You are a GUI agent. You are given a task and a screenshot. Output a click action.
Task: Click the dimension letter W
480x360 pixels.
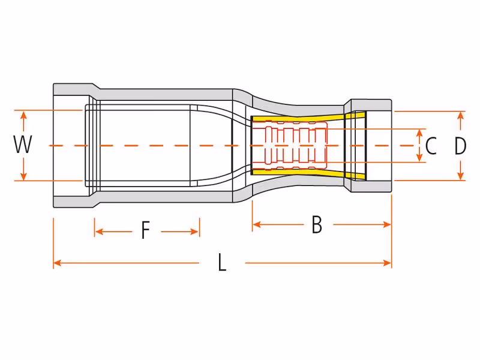(23, 145)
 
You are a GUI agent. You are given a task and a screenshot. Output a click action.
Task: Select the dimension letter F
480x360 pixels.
(146, 230)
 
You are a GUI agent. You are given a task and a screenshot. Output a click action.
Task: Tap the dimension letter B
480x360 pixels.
(317, 224)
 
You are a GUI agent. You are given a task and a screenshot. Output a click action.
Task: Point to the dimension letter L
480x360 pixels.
(222, 262)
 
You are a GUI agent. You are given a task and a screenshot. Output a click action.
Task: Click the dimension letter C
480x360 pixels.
(431, 146)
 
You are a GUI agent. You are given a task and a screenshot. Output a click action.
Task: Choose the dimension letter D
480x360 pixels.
(460, 146)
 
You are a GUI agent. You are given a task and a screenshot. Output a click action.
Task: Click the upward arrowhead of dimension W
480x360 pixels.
(23, 115)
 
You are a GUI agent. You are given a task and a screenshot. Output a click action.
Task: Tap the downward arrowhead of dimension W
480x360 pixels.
(23, 176)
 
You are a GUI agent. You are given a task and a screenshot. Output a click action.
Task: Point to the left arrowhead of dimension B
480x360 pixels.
(257, 224)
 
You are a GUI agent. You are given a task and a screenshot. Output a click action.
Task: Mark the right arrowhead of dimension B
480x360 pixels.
(387, 224)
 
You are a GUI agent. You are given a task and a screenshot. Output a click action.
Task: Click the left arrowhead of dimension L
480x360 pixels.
(58, 263)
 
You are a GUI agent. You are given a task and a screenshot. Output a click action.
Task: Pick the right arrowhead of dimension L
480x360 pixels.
(387, 263)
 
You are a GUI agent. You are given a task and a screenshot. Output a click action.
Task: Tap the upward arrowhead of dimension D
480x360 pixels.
(460, 115)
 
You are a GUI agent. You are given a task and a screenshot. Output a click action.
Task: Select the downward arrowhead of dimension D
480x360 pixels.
(460, 176)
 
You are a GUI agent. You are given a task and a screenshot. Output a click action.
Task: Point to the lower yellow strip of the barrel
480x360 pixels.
(306, 173)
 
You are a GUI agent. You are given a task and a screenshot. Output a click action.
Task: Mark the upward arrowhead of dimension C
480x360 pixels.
(419, 133)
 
